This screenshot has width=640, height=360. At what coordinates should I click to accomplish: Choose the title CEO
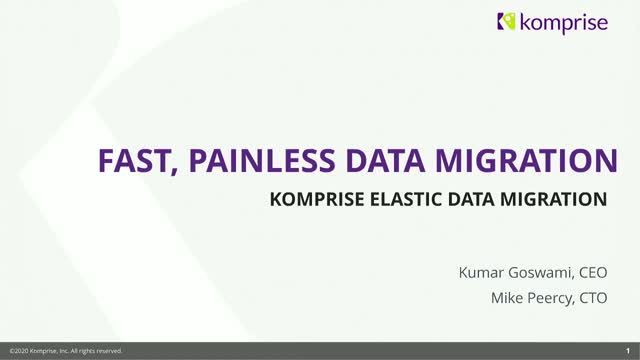point(591,270)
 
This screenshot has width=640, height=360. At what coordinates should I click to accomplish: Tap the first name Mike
point(505,297)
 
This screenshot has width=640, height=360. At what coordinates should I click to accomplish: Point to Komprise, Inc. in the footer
point(52,351)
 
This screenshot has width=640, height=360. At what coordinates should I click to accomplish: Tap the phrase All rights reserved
point(98,351)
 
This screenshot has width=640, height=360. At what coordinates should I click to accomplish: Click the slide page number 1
point(626,351)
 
